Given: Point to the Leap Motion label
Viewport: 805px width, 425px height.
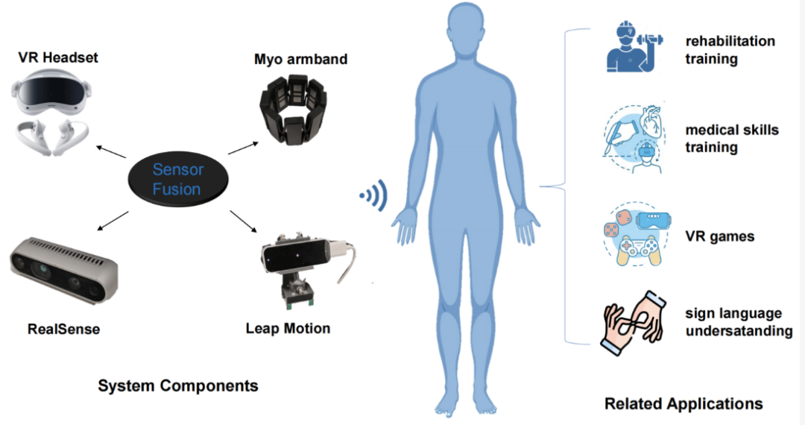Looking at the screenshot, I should (288, 328).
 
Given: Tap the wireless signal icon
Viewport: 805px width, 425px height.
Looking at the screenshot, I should (372, 195).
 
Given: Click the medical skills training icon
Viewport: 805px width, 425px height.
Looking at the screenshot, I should (630, 137).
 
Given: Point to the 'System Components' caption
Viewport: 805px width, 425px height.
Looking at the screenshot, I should (178, 385).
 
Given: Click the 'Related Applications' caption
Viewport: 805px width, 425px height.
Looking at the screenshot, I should (684, 403).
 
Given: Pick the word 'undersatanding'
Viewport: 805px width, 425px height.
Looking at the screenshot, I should (739, 331).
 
